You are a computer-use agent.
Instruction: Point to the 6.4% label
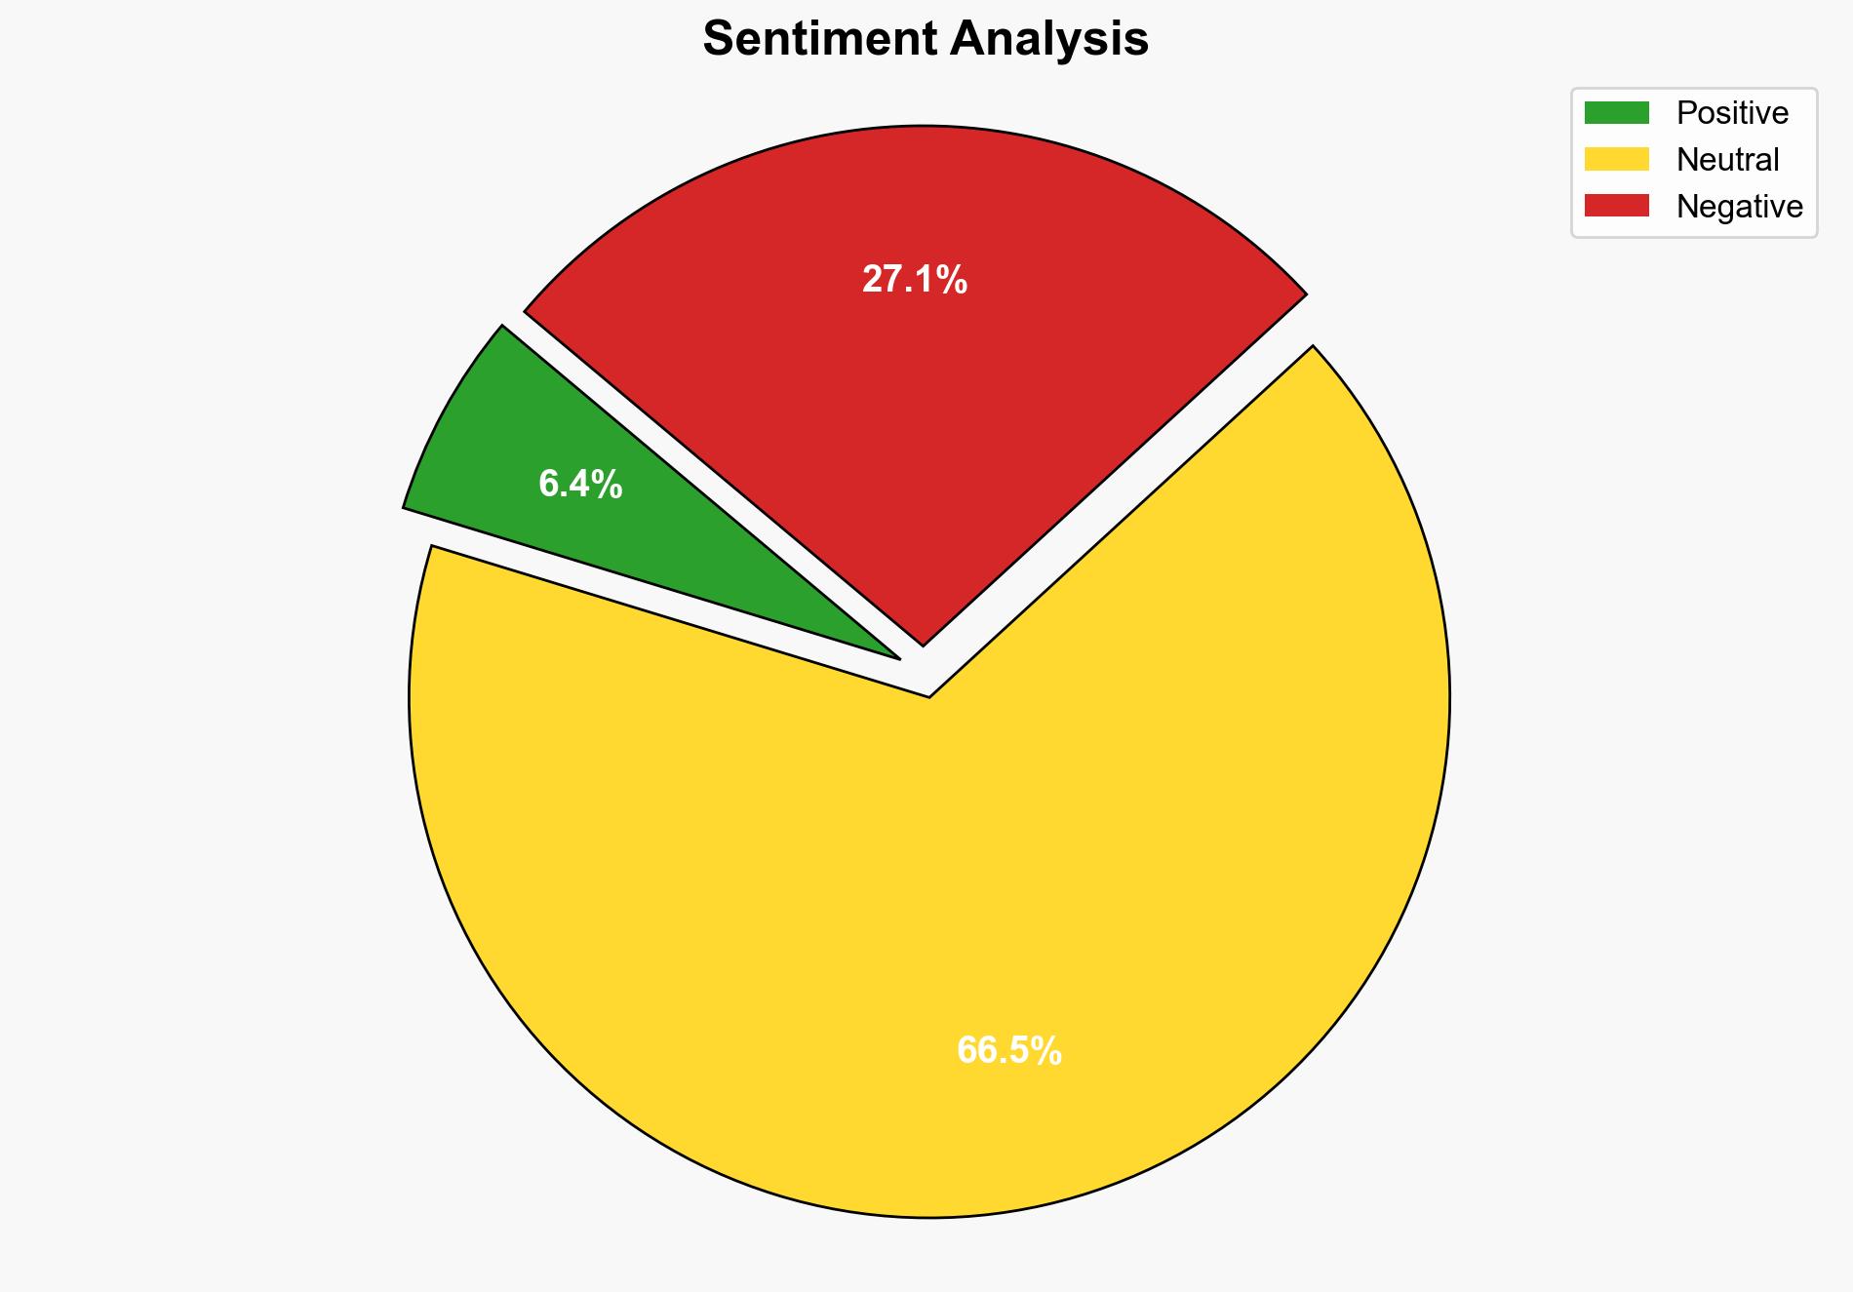[580, 485]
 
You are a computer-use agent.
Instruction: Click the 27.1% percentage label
[915, 281]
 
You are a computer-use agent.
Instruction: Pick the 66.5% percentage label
[1009, 1051]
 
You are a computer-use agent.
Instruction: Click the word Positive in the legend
[1732, 113]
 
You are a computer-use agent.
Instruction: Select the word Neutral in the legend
[1727, 160]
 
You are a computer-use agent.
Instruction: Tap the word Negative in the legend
[1739, 207]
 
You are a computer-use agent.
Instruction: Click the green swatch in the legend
[1616, 113]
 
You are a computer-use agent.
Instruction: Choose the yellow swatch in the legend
[1616, 159]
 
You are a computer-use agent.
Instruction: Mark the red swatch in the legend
[1616, 206]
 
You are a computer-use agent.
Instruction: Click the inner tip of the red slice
[923, 642]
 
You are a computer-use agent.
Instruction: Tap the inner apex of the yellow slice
[929, 694]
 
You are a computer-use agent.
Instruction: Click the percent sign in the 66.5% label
[1047, 1051]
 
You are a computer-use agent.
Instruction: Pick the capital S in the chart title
[718, 40]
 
